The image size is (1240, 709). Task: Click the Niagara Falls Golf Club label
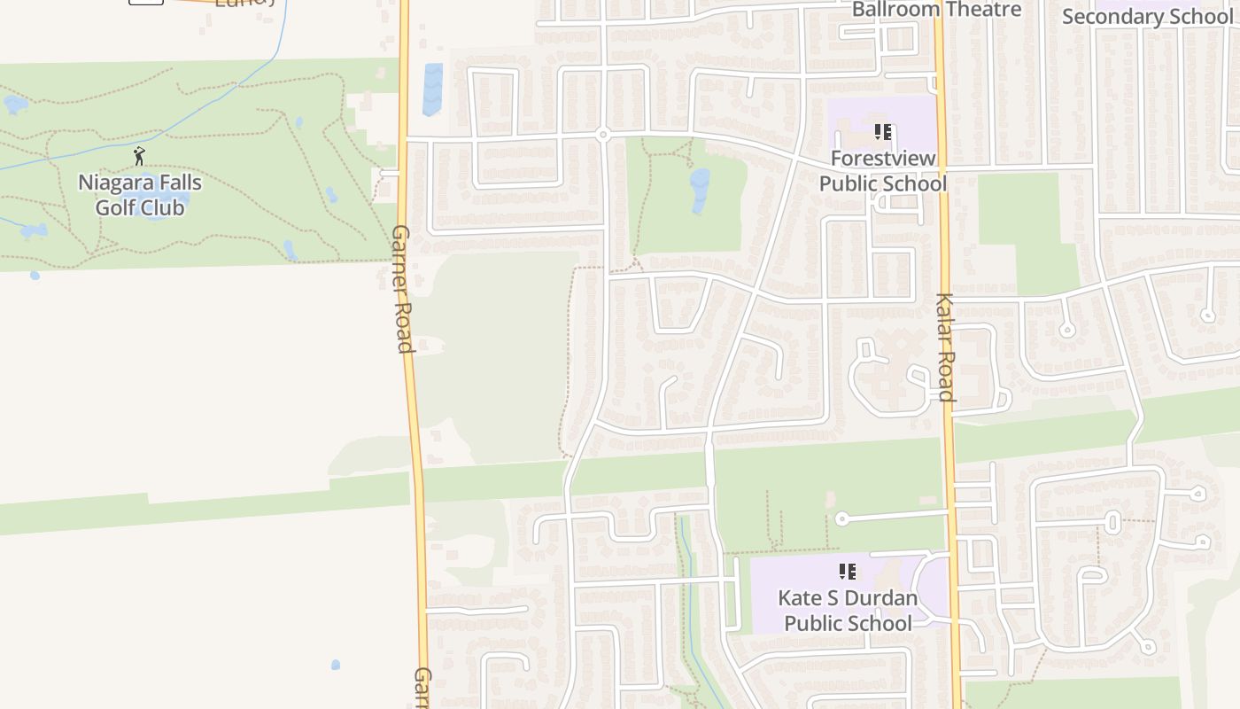140,195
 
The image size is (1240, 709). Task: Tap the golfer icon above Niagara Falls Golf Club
139,156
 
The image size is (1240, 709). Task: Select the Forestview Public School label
882,171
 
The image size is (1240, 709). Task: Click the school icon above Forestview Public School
882,132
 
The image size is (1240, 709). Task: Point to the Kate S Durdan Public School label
848,611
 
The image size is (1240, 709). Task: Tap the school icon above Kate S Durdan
848,572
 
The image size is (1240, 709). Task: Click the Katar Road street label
944,347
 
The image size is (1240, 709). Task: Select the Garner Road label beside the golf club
402,288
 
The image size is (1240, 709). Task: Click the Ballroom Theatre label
936,10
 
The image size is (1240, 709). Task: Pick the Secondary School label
1146,17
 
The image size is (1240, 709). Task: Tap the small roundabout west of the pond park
603,135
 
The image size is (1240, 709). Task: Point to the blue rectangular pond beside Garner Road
432,89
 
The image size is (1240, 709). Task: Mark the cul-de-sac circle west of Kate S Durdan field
841,519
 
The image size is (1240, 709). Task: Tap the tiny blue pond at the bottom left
336,665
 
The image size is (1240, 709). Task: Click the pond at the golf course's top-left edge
15,105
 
